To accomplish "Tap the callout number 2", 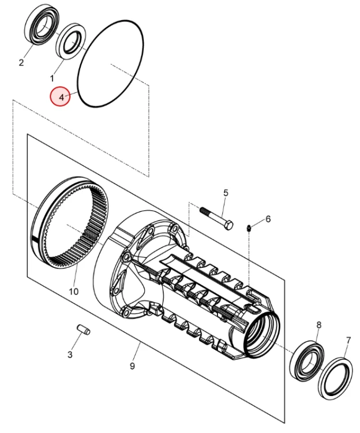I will point(21,62).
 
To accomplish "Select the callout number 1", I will point(51,77).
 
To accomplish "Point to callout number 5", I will point(226,193).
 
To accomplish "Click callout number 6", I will point(268,219).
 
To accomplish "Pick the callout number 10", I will point(73,292).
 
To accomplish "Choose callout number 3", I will point(70,354).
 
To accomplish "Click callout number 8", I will point(318,326).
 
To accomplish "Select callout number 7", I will point(348,340).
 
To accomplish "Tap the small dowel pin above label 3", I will point(82,330).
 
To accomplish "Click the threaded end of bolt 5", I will point(207,212).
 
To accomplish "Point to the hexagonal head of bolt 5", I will point(228,224).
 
